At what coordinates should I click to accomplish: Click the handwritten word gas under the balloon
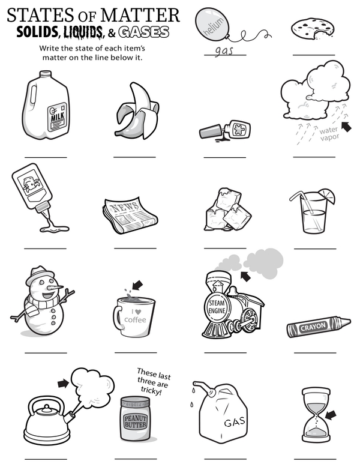pyautogui.click(x=224, y=50)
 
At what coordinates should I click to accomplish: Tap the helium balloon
pyautogui.click(x=212, y=23)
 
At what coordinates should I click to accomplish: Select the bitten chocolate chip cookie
pyautogui.click(x=313, y=29)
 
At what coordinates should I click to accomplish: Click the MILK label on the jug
pyautogui.click(x=58, y=116)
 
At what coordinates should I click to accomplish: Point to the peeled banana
pyautogui.click(x=138, y=112)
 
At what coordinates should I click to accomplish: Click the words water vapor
pyautogui.click(x=329, y=134)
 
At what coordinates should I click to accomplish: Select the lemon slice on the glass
pyautogui.click(x=327, y=195)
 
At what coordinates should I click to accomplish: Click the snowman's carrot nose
pyautogui.click(x=56, y=287)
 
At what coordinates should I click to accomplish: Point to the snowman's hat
pyautogui.click(x=39, y=274)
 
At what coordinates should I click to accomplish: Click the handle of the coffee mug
pyautogui.click(x=118, y=317)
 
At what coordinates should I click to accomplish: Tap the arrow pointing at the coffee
pyautogui.click(x=137, y=285)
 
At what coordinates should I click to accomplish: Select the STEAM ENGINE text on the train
pyautogui.click(x=217, y=307)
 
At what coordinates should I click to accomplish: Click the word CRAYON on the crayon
pyautogui.click(x=313, y=327)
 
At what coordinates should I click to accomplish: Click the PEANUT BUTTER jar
pyautogui.click(x=136, y=419)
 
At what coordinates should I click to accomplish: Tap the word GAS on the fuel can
pyautogui.click(x=235, y=421)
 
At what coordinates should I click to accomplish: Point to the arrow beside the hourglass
pyautogui.click(x=331, y=415)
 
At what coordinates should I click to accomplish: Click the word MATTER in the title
pyautogui.click(x=140, y=15)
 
